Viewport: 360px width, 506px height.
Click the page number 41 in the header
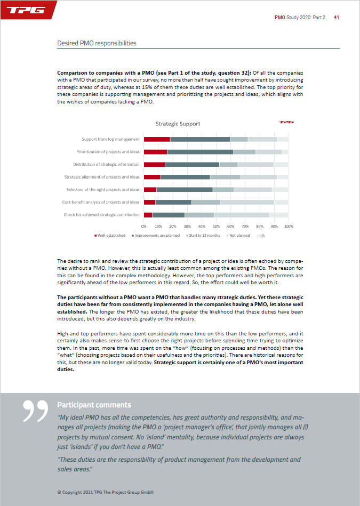[x=337, y=18]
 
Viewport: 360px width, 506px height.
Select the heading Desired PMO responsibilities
[x=97, y=43]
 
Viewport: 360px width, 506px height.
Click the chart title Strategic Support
[x=178, y=124]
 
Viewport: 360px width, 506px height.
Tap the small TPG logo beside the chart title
[x=285, y=122]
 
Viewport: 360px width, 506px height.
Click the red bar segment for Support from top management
[x=157, y=139]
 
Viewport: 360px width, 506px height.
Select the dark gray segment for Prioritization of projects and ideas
[x=200, y=152]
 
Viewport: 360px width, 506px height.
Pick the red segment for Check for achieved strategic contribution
[x=148, y=215]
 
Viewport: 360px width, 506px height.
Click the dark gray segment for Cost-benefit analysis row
[x=173, y=202]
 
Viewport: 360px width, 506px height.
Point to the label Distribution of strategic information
[x=106, y=164]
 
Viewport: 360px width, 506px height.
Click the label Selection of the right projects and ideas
[x=103, y=189]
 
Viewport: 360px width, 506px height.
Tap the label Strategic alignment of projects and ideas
[x=102, y=177]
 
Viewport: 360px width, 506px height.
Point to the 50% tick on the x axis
[x=217, y=226]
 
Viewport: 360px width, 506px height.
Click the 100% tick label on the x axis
[x=289, y=226]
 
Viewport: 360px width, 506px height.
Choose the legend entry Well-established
[x=111, y=235]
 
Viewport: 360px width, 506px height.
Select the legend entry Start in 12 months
[x=203, y=235]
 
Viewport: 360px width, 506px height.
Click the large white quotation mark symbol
[x=36, y=411]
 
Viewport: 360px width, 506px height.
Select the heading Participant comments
[x=94, y=405]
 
